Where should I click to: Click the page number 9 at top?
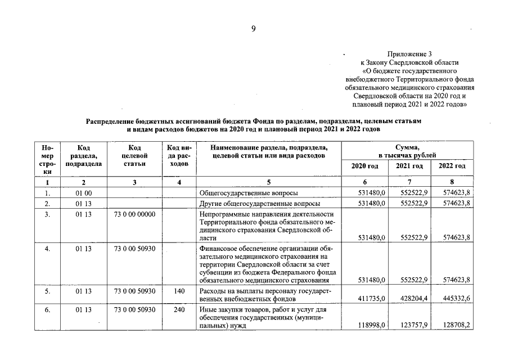pyautogui.click(x=254, y=29)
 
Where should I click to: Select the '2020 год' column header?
pyautogui.click(x=364, y=166)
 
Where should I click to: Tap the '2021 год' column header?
pyautogui.click(x=409, y=166)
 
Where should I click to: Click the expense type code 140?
pyautogui.click(x=179, y=291)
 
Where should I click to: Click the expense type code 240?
pyautogui.click(x=179, y=309)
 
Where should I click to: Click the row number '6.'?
pyautogui.click(x=48, y=309)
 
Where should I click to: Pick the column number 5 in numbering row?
pyautogui.click(x=269, y=182)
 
